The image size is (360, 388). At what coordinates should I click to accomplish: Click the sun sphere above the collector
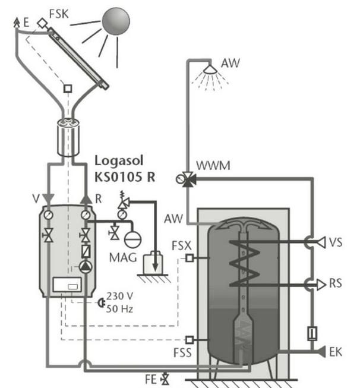click(x=116, y=21)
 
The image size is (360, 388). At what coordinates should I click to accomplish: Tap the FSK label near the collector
click(x=59, y=14)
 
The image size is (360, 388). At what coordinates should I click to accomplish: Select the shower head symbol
click(x=210, y=70)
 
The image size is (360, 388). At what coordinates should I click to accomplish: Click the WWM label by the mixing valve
click(x=213, y=165)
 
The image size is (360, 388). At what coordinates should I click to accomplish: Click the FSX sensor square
click(x=190, y=258)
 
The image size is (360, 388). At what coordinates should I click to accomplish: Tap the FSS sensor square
click(x=190, y=340)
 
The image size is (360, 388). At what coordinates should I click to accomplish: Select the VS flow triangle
click(x=321, y=242)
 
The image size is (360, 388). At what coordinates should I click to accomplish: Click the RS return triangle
click(x=321, y=285)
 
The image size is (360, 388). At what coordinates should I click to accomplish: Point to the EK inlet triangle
click(x=321, y=352)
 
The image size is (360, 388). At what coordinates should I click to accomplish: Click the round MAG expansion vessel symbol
click(x=132, y=239)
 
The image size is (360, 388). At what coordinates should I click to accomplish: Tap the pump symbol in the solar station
click(x=86, y=267)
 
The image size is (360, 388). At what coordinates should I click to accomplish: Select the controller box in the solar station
click(x=67, y=285)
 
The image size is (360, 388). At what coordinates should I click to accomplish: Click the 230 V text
click(x=120, y=296)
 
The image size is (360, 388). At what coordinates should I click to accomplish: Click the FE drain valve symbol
click(x=165, y=379)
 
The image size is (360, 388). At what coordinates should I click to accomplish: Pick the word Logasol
click(x=119, y=161)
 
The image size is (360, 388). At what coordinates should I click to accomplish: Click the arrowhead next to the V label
click(x=48, y=198)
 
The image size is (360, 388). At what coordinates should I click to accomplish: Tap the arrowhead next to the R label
click(x=86, y=199)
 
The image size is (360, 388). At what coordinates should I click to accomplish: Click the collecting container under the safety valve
click(x=153, y=263)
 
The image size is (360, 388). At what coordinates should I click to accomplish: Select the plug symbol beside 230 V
click(x=101, y=302)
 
